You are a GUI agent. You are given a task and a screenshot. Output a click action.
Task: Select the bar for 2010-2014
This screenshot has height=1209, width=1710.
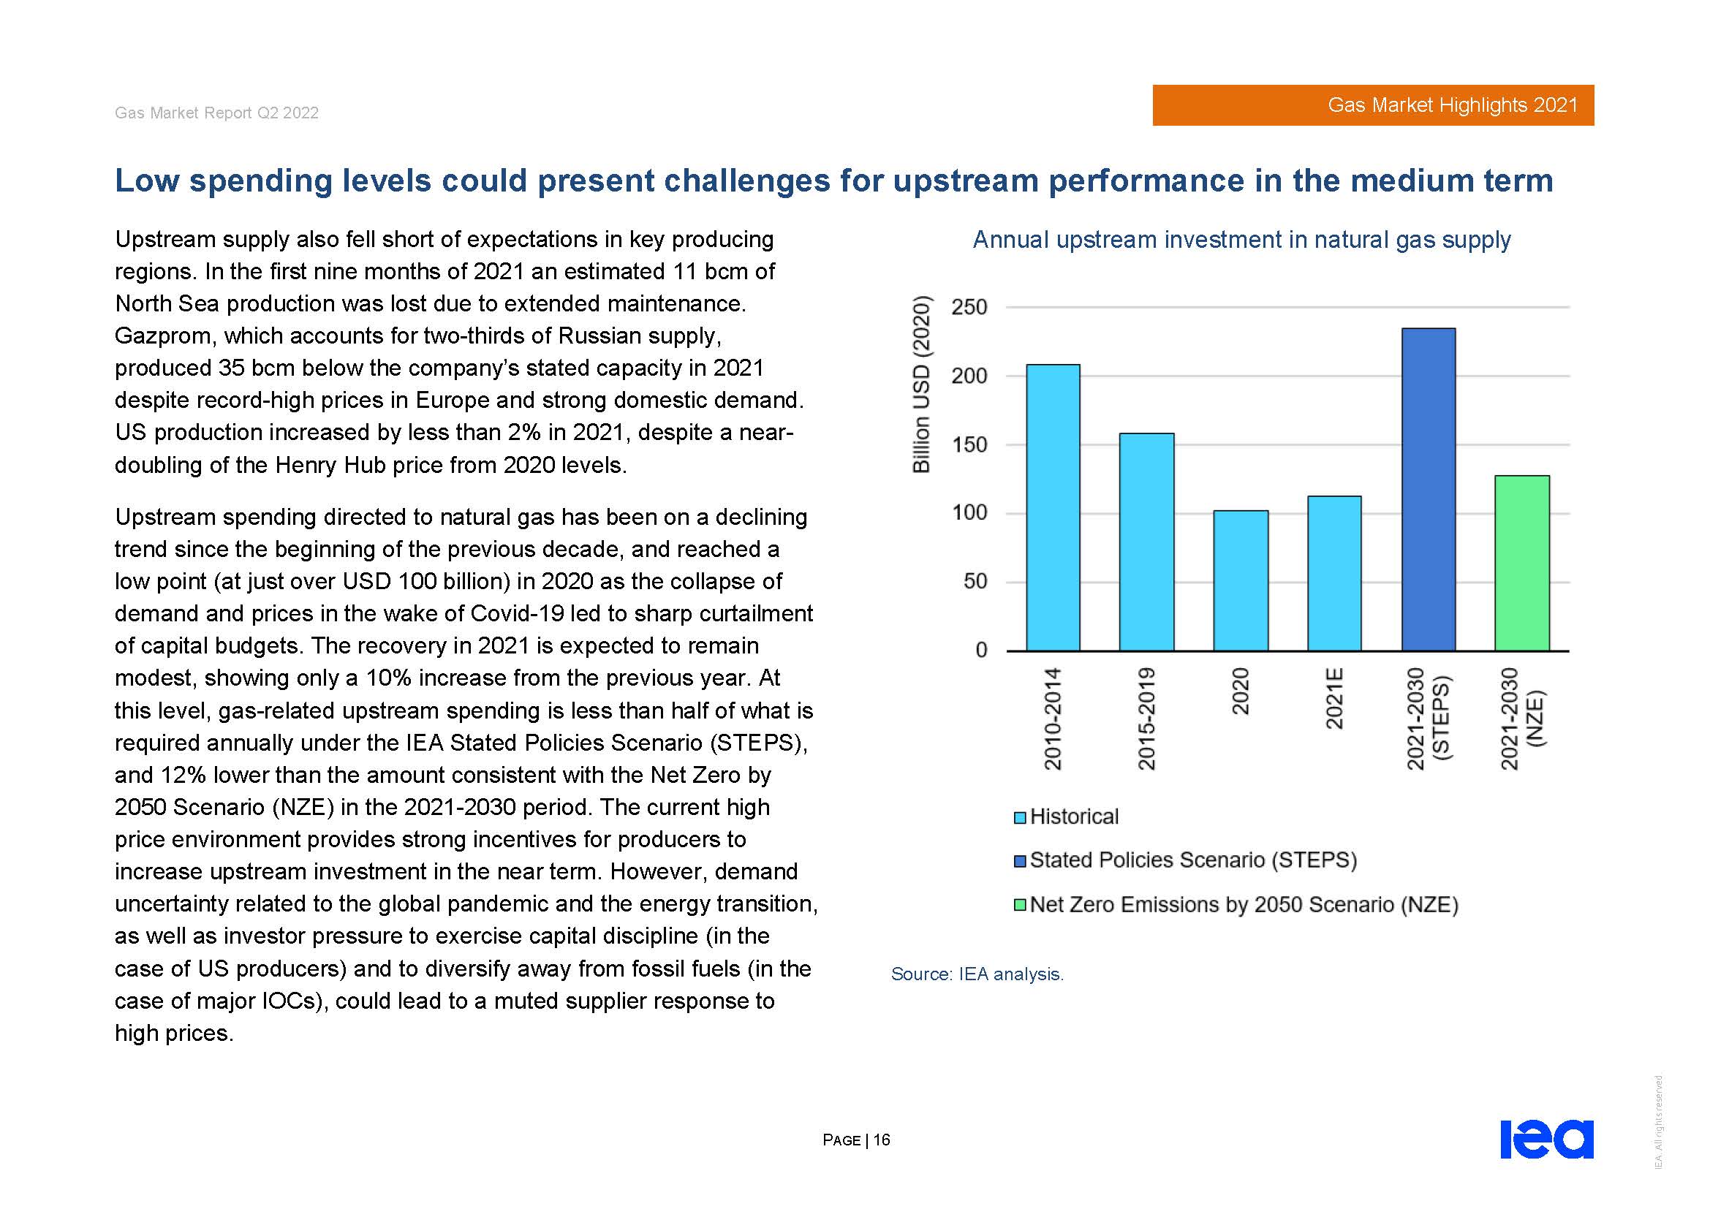(1052, 508)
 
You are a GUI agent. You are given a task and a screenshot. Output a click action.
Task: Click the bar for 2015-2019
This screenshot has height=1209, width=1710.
(1146, 542)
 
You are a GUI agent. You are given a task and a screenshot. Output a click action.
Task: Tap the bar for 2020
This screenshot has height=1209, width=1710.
(1240, 580)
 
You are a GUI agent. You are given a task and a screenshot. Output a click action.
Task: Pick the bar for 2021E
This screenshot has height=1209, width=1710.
(1334, 573)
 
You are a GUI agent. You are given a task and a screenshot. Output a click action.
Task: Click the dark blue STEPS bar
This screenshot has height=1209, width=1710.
(1428, 490)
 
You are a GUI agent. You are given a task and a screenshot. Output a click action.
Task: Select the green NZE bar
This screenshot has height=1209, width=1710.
(1521, 563)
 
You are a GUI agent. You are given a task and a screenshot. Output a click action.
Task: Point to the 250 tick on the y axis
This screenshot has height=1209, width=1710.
(969, 308)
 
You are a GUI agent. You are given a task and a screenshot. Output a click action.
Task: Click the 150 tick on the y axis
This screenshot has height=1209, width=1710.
(969, 445)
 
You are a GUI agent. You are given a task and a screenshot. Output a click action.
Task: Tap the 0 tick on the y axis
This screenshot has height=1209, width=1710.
(981, 651)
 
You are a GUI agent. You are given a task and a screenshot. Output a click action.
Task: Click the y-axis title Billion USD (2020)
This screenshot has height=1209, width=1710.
(921, 384)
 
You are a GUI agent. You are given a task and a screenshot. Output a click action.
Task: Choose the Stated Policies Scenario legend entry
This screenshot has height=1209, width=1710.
(1185, 860)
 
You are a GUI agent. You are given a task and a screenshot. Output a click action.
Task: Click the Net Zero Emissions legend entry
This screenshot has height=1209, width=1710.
(1236, 904)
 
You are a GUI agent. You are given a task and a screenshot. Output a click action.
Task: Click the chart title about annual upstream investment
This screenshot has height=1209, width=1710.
(1241, 240)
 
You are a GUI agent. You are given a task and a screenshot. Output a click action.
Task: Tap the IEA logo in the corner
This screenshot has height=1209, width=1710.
(1546, 1139)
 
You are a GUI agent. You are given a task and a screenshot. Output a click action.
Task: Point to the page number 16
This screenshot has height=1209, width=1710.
(881, 1140)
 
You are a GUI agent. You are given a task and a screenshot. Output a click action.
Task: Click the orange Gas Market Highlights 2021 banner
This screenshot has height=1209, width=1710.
(1373, 105)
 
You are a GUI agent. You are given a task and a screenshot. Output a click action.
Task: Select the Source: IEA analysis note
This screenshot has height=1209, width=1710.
(977, 974)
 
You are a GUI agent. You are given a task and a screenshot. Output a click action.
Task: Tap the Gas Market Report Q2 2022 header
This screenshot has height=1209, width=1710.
(216, 113)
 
